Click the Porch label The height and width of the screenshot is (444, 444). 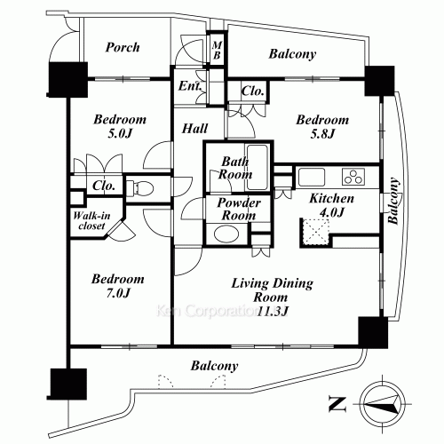tap(122, 48)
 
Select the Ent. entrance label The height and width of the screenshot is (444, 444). tap(189, 87)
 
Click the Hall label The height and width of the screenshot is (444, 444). tap(195, 129)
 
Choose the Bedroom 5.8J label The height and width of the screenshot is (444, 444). tap(315, 127)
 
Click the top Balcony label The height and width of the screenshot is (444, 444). tap(294, 55)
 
